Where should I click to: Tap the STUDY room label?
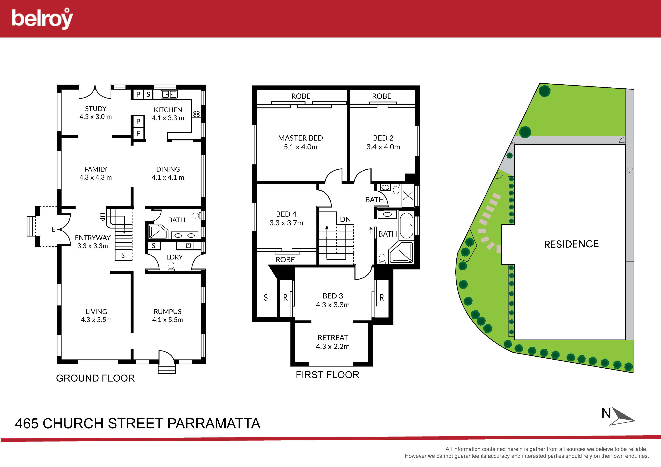tap(96, 109)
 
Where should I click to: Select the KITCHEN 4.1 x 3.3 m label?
tap(168, 114)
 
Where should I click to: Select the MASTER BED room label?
tap(300, 138)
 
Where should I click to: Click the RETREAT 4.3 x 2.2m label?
tap(333, 342)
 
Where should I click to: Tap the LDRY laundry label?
tap(174, 257)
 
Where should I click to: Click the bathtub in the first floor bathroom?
tap(406, 225)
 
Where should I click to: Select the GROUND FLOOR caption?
tap(95, 378)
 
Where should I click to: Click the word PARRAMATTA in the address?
tap(214, 424)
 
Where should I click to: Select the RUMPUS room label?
tap(168, 312)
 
